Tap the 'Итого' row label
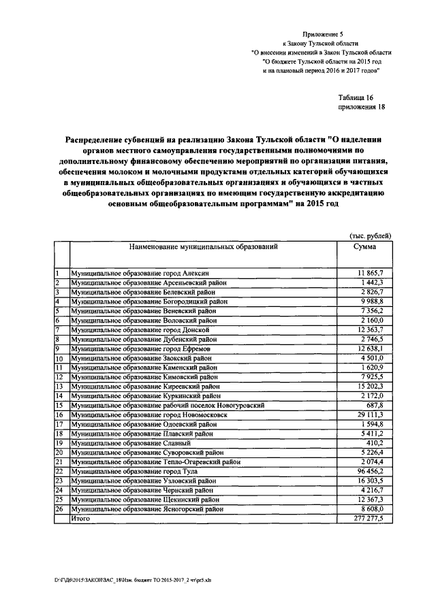click(80, 518)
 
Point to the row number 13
click(59, 386)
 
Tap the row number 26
click(59, 508)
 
